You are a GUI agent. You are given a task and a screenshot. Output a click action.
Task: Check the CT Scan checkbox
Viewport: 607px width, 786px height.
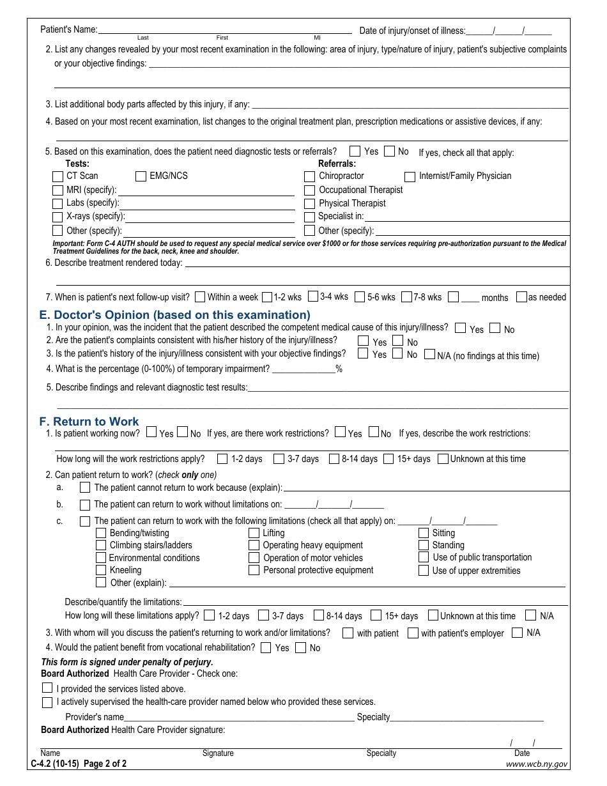tap(58, 176)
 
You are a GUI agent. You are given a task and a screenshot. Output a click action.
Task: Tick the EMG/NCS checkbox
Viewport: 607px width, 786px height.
tap(141, 176)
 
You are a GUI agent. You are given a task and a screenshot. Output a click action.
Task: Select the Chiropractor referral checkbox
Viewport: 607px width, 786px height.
tap(310, 176)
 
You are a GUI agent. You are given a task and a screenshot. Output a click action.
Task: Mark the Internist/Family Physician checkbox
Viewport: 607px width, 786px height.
tap(410, 176)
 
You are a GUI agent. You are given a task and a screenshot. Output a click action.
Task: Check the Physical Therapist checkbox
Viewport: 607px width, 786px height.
tap(310, 204)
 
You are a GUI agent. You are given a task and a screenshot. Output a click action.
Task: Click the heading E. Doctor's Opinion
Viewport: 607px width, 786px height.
tap(174, 315)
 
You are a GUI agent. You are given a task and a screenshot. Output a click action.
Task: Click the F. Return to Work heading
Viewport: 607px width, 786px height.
tap(89, 422)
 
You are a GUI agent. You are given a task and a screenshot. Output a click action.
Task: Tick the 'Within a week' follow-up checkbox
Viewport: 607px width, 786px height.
tap(200, 297)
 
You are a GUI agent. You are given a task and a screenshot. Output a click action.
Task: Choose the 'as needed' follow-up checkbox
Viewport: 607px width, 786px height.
tap(521, 297)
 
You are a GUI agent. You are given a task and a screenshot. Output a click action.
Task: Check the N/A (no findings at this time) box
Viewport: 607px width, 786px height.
tap(429, 354)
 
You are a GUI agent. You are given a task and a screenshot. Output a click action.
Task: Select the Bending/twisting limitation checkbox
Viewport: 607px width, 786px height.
tap(101, 533)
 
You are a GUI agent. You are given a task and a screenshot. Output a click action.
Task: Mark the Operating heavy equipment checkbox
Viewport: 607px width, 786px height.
tap(254, 545)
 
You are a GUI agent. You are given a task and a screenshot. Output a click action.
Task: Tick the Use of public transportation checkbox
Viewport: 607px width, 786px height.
tap(424, 557)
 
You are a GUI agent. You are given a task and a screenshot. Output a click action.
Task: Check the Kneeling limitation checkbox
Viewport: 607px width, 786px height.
tap(101, 570)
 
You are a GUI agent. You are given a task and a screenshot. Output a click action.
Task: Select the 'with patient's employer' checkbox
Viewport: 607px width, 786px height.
tap(413, 633)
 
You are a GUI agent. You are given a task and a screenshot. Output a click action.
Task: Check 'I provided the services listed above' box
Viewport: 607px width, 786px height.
tap(47, 688)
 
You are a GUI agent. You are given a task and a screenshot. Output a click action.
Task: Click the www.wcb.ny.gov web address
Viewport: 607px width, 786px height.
tap(536, 764)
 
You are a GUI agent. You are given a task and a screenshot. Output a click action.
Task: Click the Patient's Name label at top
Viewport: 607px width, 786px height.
tap(69, 29)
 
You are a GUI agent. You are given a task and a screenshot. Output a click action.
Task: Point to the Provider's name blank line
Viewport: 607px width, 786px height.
tap(239, 717)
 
